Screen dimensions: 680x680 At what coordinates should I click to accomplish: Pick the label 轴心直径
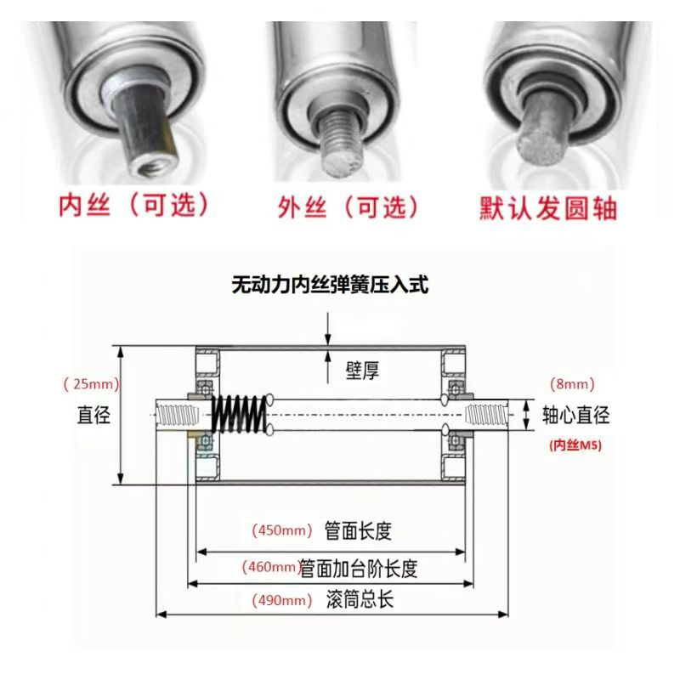576,415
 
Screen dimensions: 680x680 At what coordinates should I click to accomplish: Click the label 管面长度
358,531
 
